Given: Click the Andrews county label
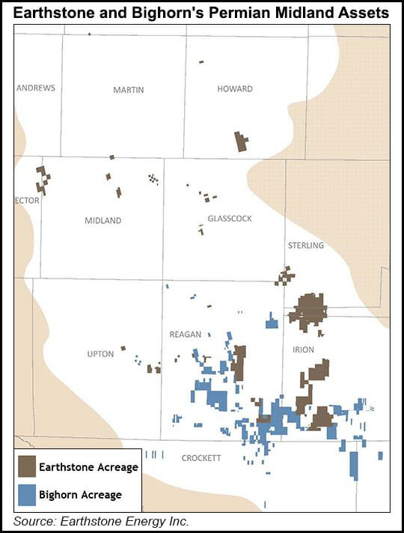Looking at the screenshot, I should point(36,88).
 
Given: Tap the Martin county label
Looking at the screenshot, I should point(129,90).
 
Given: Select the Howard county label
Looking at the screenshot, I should point(235,89).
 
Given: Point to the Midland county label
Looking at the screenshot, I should point(103,221).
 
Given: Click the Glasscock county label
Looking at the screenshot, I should point(230,219).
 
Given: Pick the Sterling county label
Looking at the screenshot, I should point(305,246).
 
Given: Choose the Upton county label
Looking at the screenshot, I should point(100,354).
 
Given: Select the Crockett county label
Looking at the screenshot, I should point(201,458).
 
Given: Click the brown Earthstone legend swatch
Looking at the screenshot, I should point(28,467).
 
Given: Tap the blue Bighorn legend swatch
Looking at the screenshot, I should point(28,494).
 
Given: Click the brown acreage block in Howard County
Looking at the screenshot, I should point(241,141).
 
